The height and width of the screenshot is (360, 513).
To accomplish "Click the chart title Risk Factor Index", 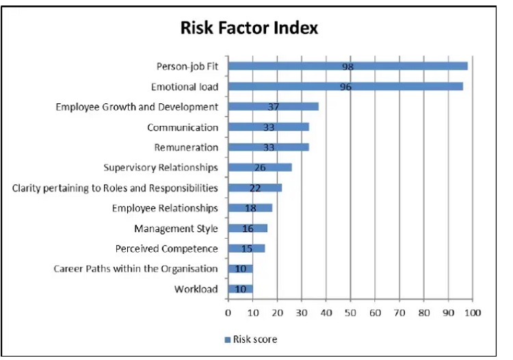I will [249, 28].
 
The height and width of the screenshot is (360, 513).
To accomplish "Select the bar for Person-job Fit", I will [347, 66].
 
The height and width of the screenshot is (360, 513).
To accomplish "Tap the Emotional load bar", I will [345, 87].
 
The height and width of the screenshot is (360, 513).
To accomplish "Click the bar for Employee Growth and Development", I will [273, 107].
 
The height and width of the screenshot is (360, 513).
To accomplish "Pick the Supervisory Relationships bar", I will [260, 167].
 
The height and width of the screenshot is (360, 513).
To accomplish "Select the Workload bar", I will [240, 289].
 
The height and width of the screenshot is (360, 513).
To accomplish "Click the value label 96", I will [345, 87].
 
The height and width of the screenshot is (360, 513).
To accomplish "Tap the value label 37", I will [274, 107].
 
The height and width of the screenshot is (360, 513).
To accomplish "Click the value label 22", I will [255, 188].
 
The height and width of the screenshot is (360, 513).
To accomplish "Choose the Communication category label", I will [183, 127].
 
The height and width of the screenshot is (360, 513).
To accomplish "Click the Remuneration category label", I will [186, 147].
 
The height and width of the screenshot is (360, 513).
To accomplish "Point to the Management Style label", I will [176, 228].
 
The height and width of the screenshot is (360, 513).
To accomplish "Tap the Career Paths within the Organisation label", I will [135, 268].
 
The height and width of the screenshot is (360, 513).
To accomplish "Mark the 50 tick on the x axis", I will [350, 312].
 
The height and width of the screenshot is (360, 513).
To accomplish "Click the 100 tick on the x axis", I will [473, 312].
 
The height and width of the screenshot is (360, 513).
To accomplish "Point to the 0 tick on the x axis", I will [228, 312].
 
